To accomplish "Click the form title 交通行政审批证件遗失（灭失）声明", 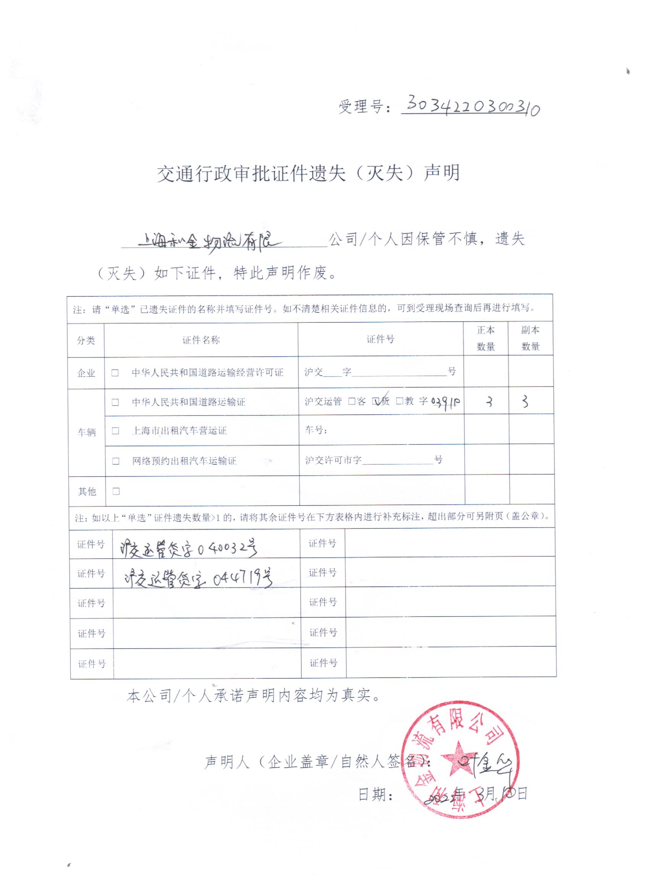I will (308, 173).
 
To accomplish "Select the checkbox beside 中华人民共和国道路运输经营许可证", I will (115, 372).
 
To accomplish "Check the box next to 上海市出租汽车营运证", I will (115, 430).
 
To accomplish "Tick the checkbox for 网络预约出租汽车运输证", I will (116, 460).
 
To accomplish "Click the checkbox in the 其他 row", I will (116, 491).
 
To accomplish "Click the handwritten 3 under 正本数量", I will (489, 402).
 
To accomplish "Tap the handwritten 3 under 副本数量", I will (525, 402).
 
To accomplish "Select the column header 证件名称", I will (201, 340).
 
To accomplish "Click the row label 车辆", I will (87, 432).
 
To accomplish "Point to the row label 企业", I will (86, 373).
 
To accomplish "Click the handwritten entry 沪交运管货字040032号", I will (189, 548).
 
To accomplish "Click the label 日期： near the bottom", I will (376, 795).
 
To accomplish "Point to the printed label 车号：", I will (316, 430).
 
